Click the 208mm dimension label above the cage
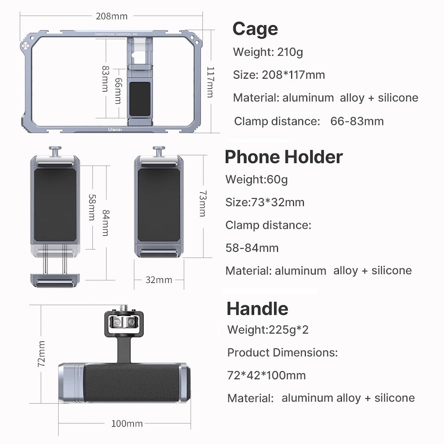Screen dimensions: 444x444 pos(111,16)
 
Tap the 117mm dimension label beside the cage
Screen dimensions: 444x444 pos(211,82)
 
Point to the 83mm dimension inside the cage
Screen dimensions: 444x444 pos(106,79)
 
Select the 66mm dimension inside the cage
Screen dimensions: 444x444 pos(118,91)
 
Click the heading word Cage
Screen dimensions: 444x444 pos(255,29)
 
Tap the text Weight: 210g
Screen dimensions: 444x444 pos(268,52)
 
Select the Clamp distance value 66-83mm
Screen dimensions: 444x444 pos(357,121)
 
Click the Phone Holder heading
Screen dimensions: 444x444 pos(284,157)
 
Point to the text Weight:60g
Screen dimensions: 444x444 pos(256,179)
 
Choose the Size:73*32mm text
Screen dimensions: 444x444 pos(265,202)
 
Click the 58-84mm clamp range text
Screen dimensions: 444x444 pos(252,248)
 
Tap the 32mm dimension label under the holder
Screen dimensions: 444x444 pos(159,280)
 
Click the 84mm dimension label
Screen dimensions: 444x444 pos(105,223)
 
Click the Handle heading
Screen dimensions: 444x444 pos(257,308)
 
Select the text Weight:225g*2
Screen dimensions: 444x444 pos(268,330)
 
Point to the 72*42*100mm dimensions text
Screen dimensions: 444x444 pos(266,375)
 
